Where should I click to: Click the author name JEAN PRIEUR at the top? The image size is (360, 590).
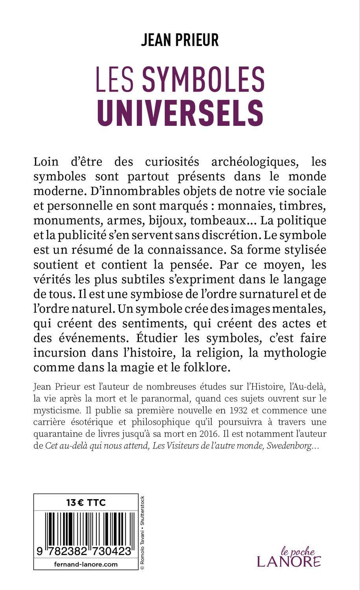(180, 40)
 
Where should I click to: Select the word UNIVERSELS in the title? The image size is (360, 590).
(180, 113)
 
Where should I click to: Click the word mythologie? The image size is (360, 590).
(294, 353)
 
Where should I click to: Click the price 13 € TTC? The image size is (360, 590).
(86, 502)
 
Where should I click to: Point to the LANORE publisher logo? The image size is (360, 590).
(289, 560)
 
